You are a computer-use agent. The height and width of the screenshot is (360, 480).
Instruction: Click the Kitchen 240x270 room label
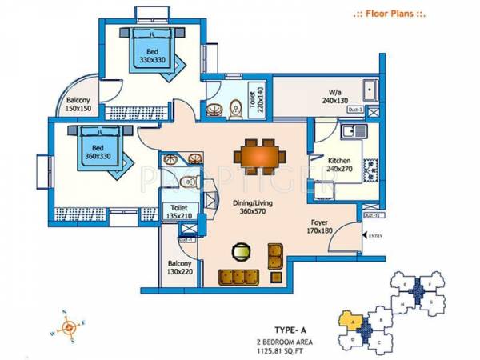click(339, 164)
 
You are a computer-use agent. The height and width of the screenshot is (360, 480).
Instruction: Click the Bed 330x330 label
click(149, 54)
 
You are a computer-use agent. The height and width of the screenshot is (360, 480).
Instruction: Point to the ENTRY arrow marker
click(372, 234)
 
